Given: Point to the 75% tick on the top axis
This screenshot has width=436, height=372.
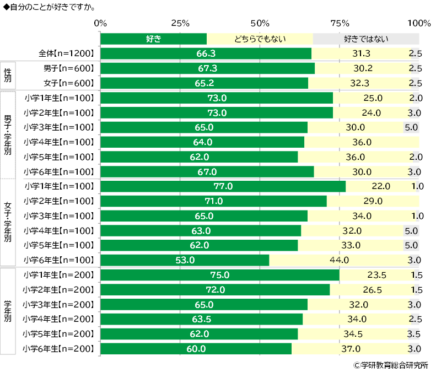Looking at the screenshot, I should point(340,23).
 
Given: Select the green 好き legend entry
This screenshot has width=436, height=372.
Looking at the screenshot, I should point(153,39).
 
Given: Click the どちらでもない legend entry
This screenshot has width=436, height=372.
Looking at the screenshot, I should point(260,39).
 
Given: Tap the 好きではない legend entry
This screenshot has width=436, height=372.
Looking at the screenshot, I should point(366,39).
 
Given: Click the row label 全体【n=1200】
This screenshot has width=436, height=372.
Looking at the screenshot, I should point(66,53).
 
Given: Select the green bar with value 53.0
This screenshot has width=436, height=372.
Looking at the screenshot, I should point(185,260).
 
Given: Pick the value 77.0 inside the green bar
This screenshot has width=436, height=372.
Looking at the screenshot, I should point(223,186).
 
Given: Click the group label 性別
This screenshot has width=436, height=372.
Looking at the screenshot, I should point(8,76).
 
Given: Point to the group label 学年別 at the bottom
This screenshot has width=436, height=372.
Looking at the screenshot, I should point(8,311).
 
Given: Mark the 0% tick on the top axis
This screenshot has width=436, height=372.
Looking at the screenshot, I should point(100,23).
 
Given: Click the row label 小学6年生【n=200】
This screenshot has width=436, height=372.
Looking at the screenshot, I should point(59,348).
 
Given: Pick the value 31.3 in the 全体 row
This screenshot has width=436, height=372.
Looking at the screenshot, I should point(364,53).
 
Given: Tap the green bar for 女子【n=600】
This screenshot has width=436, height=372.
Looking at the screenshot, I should point(204,83).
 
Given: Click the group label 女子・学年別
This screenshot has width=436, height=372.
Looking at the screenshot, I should point(8,223).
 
